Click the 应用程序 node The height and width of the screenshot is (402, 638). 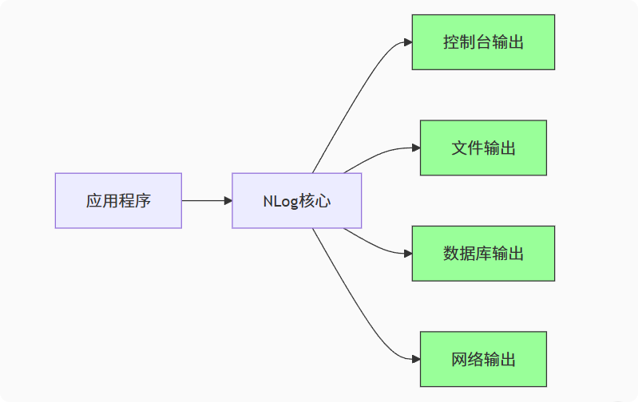pyautogui.click(x=118, y=200)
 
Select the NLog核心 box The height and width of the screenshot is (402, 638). pyautogui.click(x=296, y=200)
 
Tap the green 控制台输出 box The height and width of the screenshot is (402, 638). pyautogui.click(x=483, y=42)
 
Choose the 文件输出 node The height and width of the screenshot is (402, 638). pyautogui.click(x=483, y=148)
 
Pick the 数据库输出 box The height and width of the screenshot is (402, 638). pyautogui.click(x=483, y=254)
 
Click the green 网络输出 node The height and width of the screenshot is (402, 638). pyautogui.click(x=483, y=359)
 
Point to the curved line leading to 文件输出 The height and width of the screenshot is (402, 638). pyautogui.click(x=375, y=156)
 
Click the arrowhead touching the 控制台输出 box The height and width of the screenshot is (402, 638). pyautogui.click(x=407, y=42)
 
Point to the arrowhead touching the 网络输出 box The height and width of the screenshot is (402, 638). pyautogui.click(x=415, y=359)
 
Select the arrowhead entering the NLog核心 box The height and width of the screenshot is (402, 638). pyautogui.click(x=227, y=200)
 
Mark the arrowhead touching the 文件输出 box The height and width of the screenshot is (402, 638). pyautogui.click(x=415, y=148)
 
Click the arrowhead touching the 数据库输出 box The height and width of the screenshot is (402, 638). pyautogui.click(x=407, y=254)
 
